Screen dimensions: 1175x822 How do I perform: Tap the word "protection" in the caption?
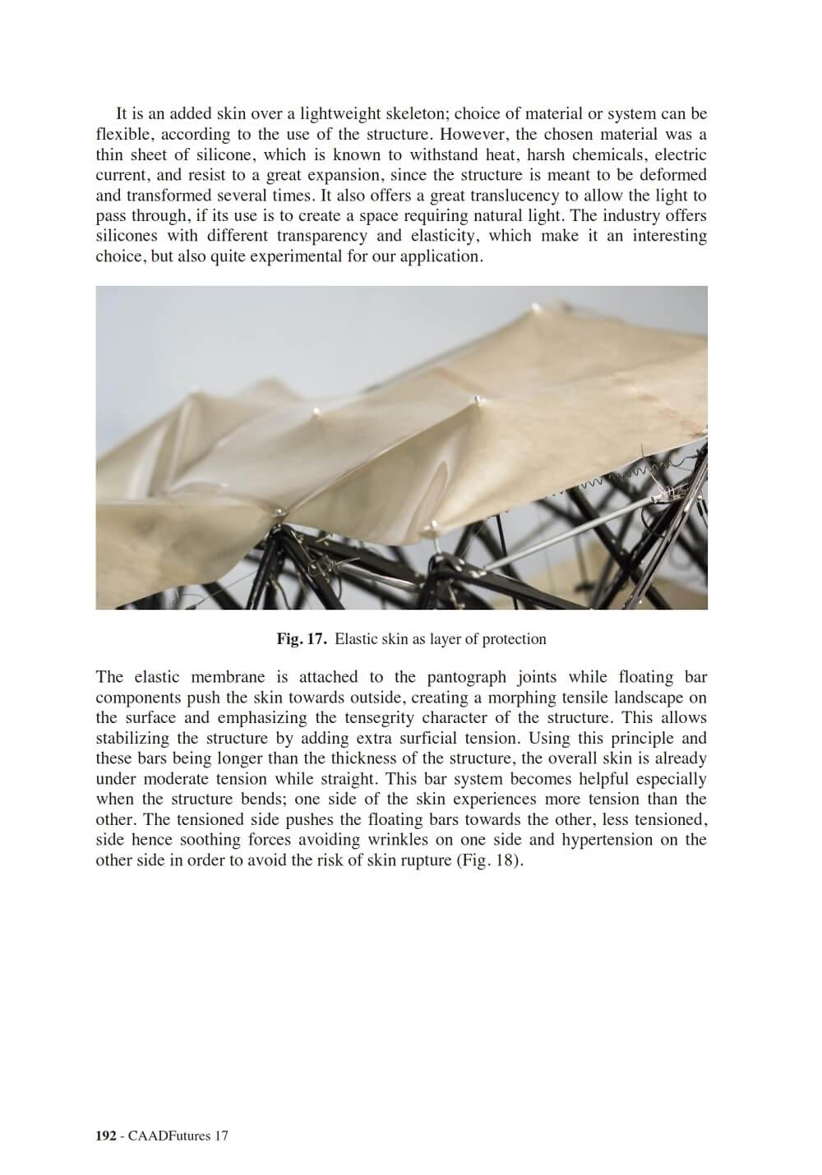(513, 639)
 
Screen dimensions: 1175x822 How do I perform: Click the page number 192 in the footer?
(106, 1136)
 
